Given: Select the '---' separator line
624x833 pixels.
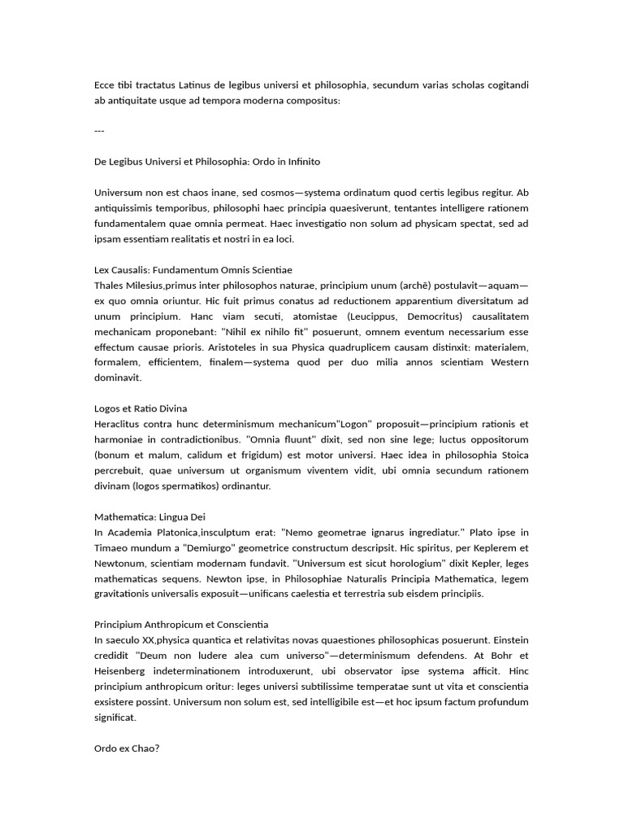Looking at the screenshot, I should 99,131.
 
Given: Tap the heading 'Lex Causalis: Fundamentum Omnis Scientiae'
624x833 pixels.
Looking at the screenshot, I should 193,269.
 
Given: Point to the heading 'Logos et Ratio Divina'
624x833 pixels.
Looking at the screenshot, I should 141,408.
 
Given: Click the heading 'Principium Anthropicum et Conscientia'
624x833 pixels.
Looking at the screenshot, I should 180,625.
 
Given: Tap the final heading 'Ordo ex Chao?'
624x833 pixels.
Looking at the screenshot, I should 127,748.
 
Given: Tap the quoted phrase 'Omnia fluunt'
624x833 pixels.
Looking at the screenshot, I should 277,439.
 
